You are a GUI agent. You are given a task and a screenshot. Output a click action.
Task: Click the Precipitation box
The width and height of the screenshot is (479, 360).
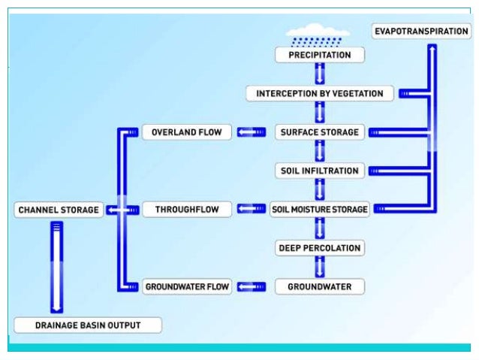(x=319, y=55)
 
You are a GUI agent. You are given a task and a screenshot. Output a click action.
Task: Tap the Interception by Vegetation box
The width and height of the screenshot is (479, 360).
(x=319, y=94)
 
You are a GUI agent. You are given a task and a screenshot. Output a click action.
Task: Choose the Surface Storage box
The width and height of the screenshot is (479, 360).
(x=319, y=132)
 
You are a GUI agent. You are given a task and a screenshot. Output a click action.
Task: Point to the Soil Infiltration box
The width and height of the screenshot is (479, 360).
(x=319, y=171)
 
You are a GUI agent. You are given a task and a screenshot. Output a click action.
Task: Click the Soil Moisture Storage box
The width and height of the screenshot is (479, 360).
(x=320, y=209)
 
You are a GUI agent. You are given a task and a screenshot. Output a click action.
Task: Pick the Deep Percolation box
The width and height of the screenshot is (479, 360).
(x=319, y=248)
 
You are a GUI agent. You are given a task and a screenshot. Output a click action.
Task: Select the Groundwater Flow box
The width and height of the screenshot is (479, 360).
(x=187, y=286)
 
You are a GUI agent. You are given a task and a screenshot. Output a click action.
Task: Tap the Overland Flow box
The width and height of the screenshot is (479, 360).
(x=187, y=132)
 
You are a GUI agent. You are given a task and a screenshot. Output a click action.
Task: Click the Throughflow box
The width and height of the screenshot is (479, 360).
(x=187, y=210)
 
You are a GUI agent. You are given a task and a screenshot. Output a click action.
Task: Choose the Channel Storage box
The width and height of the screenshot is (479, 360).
(x=59, y=210)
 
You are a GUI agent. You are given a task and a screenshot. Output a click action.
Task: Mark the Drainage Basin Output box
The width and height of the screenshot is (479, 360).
(x=88, y=325)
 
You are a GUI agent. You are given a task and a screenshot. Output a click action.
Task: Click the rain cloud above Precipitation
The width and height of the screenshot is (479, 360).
(x=319, y=35)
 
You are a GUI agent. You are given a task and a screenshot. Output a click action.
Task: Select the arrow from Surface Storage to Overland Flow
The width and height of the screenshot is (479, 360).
(x=252, y=132)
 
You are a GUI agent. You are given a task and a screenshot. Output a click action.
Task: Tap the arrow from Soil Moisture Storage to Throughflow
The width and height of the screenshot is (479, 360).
(x=252, y=209)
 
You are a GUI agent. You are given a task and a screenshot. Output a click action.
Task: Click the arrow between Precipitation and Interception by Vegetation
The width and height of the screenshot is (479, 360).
(x=319, y=74)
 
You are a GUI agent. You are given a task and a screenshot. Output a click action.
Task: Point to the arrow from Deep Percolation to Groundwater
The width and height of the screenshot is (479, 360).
(x=319, y=267)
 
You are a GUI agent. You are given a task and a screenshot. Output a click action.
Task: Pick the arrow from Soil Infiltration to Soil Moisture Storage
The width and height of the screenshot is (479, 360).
(x=319, y=189)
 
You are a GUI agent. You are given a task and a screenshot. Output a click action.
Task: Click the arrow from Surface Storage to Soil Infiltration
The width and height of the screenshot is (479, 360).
(x=319, y=151)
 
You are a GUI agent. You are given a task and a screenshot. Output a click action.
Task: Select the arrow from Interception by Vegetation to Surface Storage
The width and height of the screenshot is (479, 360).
(x=319, y=113)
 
